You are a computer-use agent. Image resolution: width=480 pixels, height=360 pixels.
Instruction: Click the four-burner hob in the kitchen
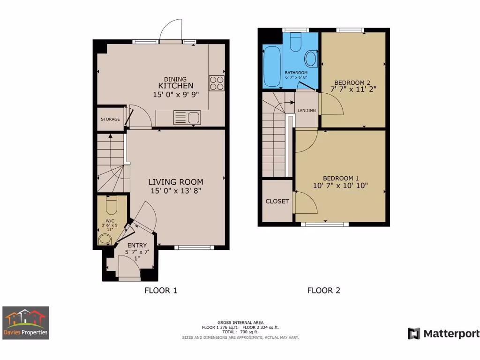tap(216, 83)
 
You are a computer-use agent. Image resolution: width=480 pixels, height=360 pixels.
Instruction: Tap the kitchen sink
tap(187, 118)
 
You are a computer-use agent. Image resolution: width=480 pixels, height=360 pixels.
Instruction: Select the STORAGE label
tap(110, 120)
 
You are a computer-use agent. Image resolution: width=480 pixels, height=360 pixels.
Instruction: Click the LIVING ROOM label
tap(176, 182)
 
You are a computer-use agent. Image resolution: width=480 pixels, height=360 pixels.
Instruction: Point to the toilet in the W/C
tap(111, 205)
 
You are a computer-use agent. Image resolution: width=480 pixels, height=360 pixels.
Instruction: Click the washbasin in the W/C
tap(105, 240)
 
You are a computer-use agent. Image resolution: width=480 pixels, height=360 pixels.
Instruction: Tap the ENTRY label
tap(136, 245)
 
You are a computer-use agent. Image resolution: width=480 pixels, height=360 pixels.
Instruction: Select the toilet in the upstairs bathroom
tap(295, 42)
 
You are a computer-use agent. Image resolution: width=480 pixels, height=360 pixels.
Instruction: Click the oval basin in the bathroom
tap(310, 60)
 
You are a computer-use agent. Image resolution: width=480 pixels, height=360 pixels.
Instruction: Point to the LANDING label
tap(307, 111)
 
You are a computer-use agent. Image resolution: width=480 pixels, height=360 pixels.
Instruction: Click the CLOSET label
tap(277, 201)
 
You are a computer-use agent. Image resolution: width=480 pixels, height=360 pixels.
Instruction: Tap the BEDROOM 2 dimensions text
tap(353, 88)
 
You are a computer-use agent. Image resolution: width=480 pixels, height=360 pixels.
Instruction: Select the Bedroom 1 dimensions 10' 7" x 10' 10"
tap(340, 185)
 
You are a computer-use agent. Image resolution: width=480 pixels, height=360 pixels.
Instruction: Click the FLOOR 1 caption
tap(160, 291)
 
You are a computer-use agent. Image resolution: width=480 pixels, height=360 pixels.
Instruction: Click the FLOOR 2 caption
tap(323, 291)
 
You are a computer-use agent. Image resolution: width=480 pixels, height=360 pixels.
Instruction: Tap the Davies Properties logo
tap(25, 323)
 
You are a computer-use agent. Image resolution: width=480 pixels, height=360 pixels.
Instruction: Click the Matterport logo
tap(443, 334)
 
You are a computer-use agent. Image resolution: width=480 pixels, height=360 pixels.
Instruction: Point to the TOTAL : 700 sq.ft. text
tap(240, 332)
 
